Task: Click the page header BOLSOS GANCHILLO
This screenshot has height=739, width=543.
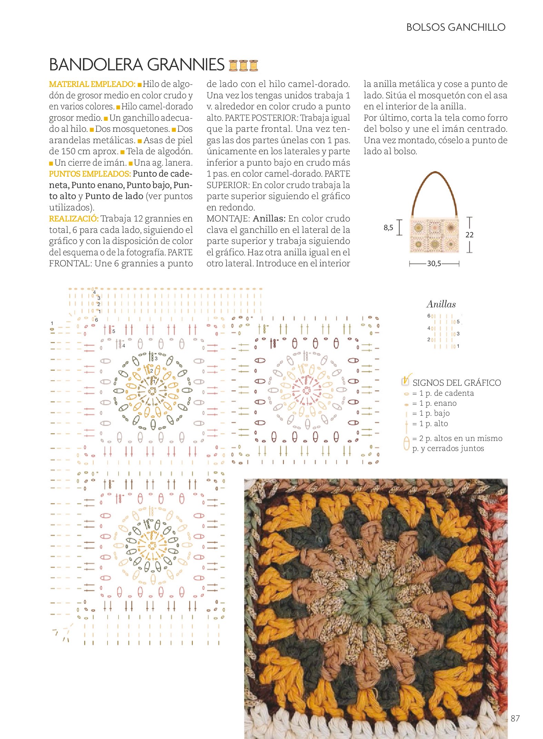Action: coord(455,27)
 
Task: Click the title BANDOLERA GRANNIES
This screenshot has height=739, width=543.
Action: coord(137,65)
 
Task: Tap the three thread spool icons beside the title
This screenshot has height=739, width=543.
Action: coord(243,65)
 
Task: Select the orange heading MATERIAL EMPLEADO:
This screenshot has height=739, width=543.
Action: coord(92,84)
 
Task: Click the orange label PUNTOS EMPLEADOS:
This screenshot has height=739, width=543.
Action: coord(90,174)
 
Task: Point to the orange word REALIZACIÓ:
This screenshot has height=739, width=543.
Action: coord(73,219)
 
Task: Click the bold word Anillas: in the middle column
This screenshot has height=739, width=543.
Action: coord(269,219)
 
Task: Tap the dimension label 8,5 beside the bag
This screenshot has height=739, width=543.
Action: coord(388,228)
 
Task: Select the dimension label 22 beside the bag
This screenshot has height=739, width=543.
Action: coord(469,235)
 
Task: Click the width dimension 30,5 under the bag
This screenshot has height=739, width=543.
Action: coord(434,264)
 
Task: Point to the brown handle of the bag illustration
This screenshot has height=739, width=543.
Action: coord(435,176)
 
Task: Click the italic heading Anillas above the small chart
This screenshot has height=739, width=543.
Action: coord(441,304)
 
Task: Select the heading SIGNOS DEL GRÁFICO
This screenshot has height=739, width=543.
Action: coord(456,383)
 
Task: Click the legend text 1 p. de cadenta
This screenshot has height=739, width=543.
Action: coord(446,393)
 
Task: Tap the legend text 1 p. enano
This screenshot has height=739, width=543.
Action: coord(438,403)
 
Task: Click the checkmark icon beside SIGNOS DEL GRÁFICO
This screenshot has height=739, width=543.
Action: coord(406,380)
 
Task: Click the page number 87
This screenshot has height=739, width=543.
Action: coord(515,718)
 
